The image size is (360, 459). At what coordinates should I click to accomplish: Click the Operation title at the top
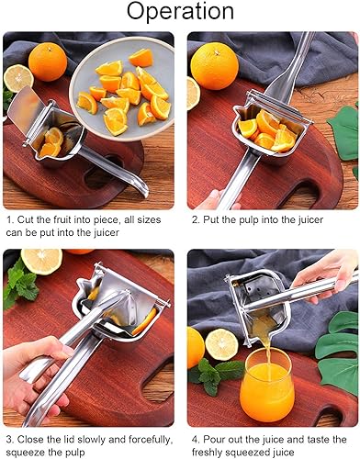click(180, 13)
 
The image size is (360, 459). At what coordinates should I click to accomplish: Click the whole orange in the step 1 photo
click(48, 62)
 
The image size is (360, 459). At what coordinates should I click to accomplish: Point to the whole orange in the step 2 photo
click(215, 66)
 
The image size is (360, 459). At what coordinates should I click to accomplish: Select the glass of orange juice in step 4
click(266, 389)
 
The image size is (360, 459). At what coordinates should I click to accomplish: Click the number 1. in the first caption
click(8, 220)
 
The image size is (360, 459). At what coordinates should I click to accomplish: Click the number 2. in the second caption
click(196, 220)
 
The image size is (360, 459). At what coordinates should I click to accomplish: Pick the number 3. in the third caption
click(8, 438)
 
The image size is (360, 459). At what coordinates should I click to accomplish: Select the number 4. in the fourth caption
click(196, 438)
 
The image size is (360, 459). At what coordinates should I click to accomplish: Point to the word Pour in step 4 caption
click(217, 438)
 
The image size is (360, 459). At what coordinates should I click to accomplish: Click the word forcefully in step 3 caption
click(144, 438)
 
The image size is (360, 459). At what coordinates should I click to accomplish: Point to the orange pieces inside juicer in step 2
click(269, 131)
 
